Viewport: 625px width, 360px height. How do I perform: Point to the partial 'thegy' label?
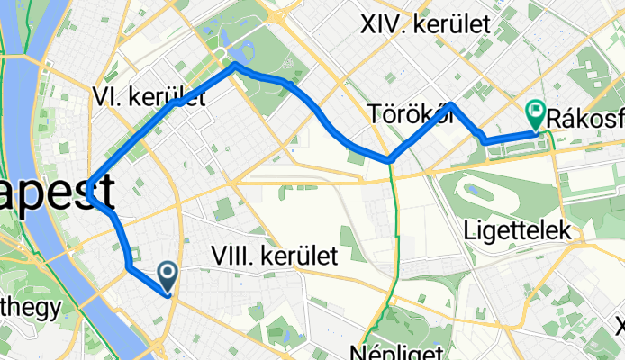coord(30,307)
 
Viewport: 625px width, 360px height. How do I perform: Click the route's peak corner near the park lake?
coord(236,65)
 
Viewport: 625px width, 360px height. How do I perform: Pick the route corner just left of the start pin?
coord(131,267)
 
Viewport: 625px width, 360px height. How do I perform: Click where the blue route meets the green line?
coord(391,160)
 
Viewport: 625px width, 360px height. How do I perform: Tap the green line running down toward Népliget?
coord(394,243)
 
